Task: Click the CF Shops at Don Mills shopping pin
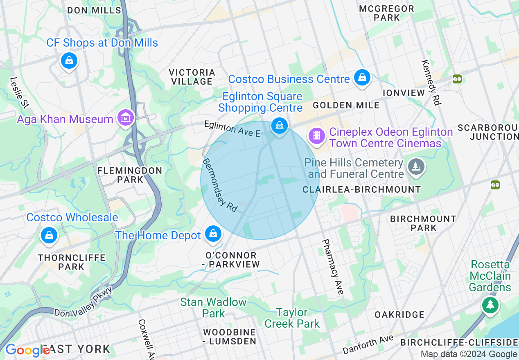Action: [x=69, y=61]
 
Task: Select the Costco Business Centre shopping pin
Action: [x=362, y=77]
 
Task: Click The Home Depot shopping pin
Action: [x=213, y=234]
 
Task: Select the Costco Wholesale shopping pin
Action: [x=49, y=236]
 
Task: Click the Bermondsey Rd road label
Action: [x=220, y=185]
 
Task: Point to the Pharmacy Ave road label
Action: [x=332, y=267]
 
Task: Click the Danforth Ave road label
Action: [x=368, y=344]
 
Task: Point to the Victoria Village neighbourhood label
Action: [x=192, y=77]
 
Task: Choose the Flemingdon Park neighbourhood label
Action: [x=130, y=175]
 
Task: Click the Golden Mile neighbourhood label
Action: [x=346, y=105]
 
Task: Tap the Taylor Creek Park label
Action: [x=292, y=318]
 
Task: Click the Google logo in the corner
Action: [x=27, y=350]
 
